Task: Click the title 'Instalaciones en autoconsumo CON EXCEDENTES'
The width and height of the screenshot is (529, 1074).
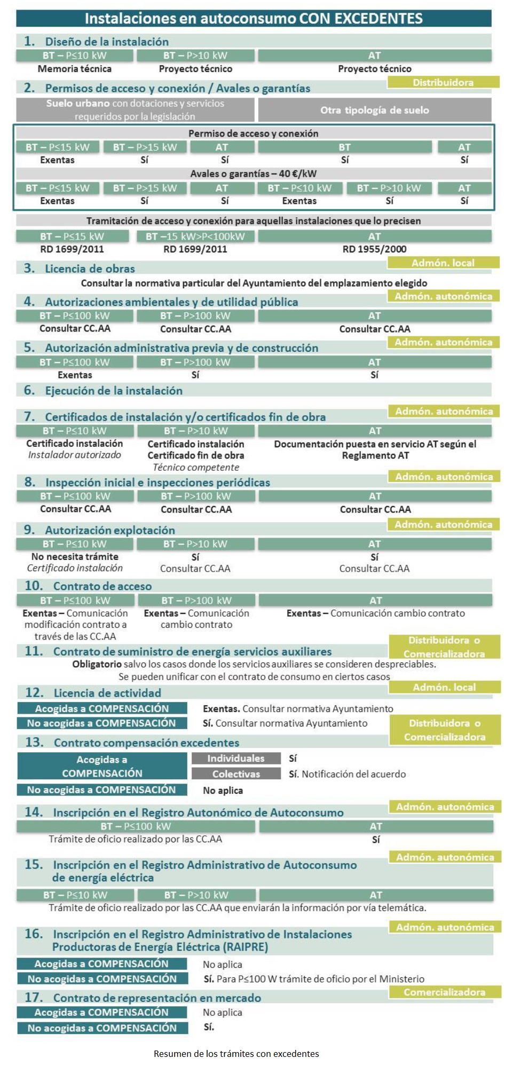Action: [x=254, y=19]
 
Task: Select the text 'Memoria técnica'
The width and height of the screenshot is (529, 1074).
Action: [x=74, y=69]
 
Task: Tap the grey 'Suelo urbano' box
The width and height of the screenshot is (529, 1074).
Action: [x=135, y=109]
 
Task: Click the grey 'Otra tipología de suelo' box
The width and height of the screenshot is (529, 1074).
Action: [x=374, y=110]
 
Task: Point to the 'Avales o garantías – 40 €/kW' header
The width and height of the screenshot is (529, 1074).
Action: [x=254, y=173]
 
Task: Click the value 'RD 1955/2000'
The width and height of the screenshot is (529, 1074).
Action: [x=374, y=249]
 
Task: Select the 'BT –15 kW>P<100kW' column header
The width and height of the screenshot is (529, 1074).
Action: [x=195, y=236]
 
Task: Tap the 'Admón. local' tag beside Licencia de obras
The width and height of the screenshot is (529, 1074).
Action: [x=443, y=263]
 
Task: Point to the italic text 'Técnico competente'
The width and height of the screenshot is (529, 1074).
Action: [x=196, y=468]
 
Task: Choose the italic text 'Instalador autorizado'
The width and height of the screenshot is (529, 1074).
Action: [x=75, y=455]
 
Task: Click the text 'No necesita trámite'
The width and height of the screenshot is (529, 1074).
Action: [x=75, y=557]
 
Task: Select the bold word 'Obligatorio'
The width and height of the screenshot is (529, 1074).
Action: [x=97, y=665]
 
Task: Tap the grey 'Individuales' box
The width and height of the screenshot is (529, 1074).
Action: [x=236, y=759]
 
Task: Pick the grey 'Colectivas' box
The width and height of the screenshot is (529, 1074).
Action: [x=236, y=774]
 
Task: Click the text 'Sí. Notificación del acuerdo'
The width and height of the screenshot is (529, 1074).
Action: [x=347, y=774]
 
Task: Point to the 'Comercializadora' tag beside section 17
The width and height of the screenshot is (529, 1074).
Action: [x=445, y=992]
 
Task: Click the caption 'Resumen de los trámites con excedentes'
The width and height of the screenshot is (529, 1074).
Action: [x=236, y=1054]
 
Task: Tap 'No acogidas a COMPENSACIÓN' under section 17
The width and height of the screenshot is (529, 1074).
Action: [x=102, y=1028]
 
